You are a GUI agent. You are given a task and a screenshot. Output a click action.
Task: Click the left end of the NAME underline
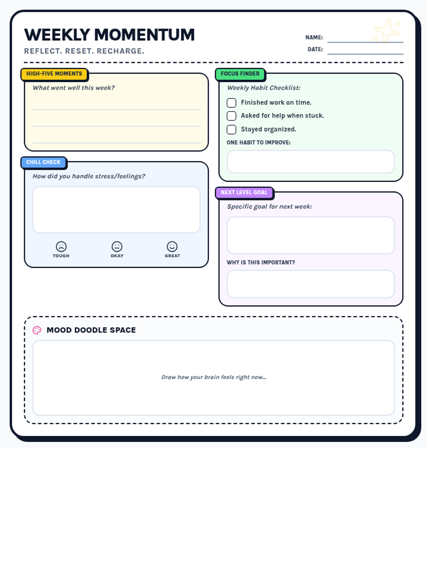click(x=328, y=42)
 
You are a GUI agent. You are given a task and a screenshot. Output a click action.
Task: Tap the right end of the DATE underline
click(x=404, y=54)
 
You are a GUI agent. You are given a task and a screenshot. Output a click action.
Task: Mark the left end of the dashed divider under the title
click(x=24, y=62)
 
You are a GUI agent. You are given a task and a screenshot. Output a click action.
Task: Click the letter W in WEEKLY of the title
click(x=31, y=35)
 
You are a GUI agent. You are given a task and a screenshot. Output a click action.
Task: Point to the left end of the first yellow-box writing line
click(x=32, y=110)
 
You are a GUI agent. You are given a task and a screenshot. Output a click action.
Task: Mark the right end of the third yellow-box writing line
click(x=201, y=143)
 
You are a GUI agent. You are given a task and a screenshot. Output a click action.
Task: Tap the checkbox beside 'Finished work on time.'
click(x=231, y=103)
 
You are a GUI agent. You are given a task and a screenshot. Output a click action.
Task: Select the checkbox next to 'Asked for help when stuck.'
click(x=231, y=116)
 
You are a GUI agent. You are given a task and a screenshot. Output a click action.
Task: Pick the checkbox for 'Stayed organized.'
click(x=231, y=129)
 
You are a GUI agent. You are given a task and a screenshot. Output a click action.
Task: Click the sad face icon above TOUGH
click(x=61, y=247)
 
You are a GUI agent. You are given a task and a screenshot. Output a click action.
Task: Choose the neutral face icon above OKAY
click(x=117, y=247)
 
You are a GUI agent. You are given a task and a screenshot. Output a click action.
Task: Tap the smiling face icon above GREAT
click(x=172, y=247)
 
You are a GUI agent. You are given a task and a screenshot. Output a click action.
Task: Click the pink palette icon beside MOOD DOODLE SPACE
click(x=37, y=330)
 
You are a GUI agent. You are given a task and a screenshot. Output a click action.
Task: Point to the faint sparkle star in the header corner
click(x=387, y=31)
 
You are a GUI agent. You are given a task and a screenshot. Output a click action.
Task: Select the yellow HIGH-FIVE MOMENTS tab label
click(x=54, y=74)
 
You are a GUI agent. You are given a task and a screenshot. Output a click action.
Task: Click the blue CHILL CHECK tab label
click(x=43, y=162)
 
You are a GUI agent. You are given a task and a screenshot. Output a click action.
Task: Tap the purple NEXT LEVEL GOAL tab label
click(x=244, y=192)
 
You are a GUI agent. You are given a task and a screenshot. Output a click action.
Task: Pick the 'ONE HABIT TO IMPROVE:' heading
click(x=258, y=142)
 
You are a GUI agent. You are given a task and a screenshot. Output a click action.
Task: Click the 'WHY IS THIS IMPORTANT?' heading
click(x=261, y=262)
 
